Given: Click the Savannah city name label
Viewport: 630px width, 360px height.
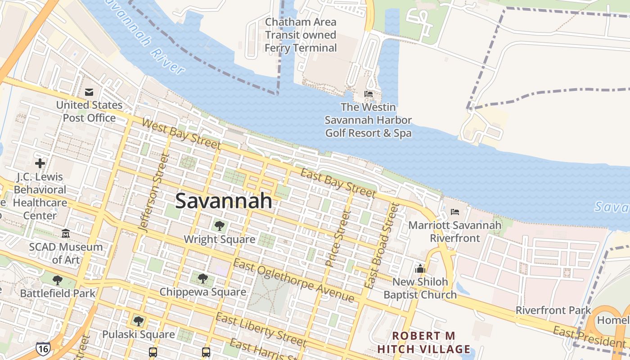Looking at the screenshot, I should tap(224, 201).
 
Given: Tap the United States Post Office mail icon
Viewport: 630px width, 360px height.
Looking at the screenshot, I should tap(89, 92).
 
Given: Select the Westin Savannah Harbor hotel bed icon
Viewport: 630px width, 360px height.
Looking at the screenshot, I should tap(369, 94).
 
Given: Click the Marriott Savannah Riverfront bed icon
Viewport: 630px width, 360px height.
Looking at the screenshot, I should tap(455, 212).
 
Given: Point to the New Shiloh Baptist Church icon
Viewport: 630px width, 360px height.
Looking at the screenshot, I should tap(420, 269).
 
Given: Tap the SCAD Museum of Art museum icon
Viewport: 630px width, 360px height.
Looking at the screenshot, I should tap(66, 234).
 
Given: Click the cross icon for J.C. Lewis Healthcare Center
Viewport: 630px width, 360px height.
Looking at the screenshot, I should tap(40, 163).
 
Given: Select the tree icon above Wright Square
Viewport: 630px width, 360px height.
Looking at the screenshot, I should tap(219, 225).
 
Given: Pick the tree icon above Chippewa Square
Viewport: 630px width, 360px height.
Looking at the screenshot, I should tap(203, 279).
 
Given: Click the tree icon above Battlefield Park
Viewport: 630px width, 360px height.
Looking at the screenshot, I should tap(58, 280).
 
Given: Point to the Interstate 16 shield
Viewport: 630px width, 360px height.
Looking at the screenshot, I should tap(43, 348).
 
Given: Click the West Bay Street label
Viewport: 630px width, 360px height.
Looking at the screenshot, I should tap(181, 134).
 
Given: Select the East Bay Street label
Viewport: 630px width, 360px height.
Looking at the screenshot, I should tap(337, 183).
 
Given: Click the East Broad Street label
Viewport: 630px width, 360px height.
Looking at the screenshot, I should tap(382, 246).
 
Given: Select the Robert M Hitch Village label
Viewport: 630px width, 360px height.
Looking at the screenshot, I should tap(423, 342).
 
